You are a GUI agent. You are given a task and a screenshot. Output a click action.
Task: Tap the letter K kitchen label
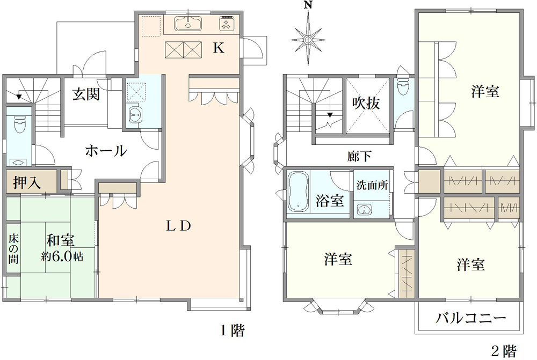coord(219,48)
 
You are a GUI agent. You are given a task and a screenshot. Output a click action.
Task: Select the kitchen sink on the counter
coord(188,24)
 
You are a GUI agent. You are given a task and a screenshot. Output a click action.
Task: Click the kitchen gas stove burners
coord(226,24)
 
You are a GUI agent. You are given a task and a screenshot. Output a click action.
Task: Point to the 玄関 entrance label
coord(86,94)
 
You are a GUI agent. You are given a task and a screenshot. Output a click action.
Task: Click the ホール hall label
coord(106,151)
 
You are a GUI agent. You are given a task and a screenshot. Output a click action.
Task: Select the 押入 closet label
coord(27,183)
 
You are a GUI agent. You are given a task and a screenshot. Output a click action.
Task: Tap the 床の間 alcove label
coord(13,249)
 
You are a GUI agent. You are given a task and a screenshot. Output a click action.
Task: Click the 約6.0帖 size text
coord(62,256)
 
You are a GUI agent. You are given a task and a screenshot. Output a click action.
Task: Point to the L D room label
coord(178,226)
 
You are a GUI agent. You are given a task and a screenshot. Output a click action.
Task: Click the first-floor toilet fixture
coord(19,124)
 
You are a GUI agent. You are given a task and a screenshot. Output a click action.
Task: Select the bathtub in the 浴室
coord(299,192)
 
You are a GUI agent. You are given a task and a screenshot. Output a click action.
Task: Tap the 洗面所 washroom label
coord(372,185)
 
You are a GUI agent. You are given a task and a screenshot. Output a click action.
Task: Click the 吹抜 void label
coord(366,103)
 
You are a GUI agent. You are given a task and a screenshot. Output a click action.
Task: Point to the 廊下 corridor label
coord(359,156)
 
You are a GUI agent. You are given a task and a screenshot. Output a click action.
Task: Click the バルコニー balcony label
coord(470,318)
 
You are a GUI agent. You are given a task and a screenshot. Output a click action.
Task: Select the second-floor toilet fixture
coord(402,87)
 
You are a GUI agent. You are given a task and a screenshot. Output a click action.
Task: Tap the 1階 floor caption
coord(232,330)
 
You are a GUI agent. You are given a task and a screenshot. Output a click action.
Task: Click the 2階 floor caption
coord(504,351)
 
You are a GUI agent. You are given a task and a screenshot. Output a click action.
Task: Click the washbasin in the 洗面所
coord(365,210)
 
